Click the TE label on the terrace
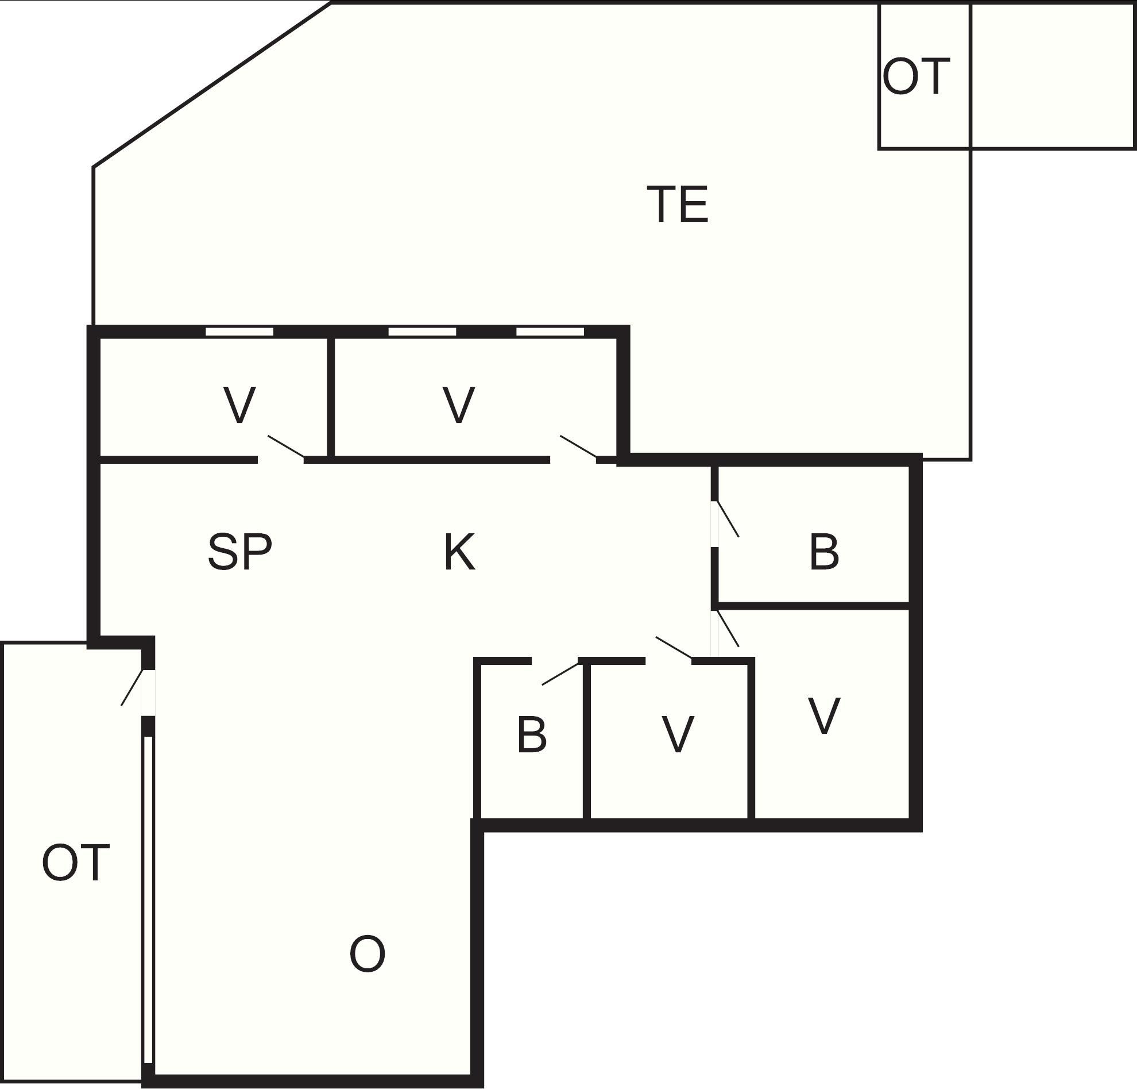[678, 204]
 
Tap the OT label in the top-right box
[916, 76]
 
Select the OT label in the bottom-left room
[75, 863]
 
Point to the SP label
[239, 552]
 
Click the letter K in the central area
[459, 552]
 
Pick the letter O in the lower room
[367, 954]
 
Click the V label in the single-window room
[239, 405]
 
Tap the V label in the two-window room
[459, 405]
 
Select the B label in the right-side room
[823, 552]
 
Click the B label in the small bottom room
[531, 735]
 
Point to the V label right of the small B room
[678, 735]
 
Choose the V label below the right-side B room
[823, 715]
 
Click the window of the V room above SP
[239, 332]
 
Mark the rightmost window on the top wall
[550, 332]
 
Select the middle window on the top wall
[422, 332]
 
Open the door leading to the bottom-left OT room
[132, 687]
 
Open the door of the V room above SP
[286, 446]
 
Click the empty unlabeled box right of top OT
[1053, 75]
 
